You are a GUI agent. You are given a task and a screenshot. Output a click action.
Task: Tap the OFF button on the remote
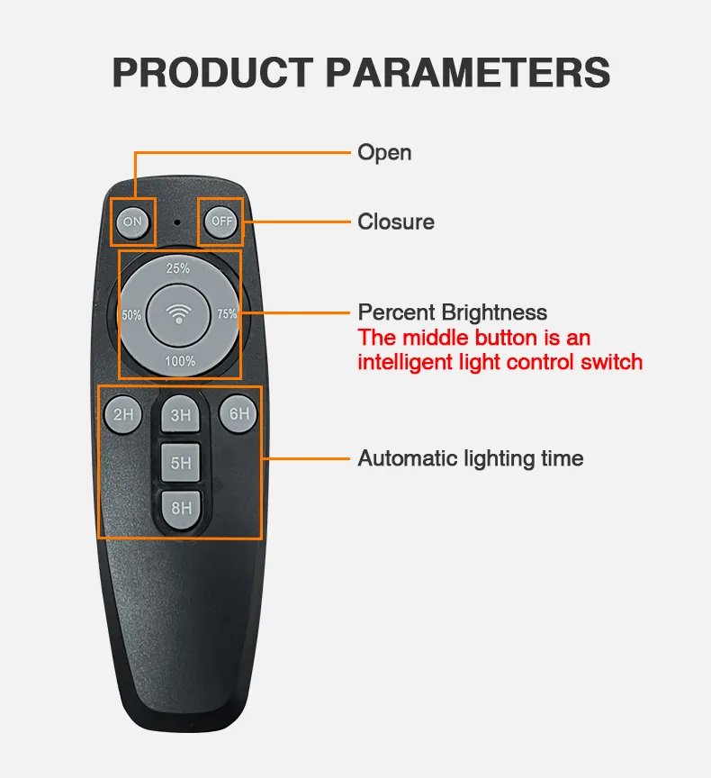click(221, 222)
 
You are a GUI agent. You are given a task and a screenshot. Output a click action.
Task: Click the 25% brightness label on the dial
click(178, 268)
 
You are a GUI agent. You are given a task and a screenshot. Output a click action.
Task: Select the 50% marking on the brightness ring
click(131, 315)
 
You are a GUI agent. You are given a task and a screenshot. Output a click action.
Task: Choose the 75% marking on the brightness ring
click(227, 314)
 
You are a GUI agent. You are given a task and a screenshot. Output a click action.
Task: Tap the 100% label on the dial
click(180, 361)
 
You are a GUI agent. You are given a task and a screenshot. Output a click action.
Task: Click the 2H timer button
click(123, 414)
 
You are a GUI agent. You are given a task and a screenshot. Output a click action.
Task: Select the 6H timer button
click(238, 413)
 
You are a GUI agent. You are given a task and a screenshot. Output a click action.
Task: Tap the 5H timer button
click(181, 463)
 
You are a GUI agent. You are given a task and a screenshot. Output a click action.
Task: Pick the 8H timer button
click(182, 509)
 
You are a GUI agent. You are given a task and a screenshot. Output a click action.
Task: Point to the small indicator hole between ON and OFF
click(177, 222)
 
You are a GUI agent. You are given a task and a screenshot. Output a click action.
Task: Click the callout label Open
click(385, 153)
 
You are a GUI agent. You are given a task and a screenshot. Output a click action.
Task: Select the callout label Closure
click(396, 222)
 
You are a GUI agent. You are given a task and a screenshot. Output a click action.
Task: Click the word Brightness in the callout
click(494, 313)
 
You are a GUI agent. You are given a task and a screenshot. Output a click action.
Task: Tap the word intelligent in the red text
click(406, 363)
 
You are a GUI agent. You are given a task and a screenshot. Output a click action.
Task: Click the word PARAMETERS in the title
click(468, 72)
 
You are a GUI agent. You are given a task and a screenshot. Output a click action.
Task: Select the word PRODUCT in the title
click(213, 72)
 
